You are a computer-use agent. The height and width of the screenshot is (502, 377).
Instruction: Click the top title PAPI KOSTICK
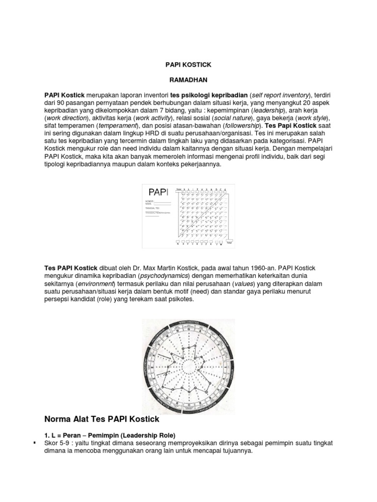(x=188, y=64)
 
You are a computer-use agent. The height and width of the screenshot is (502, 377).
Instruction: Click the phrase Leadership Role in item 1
(x=155, y=434)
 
